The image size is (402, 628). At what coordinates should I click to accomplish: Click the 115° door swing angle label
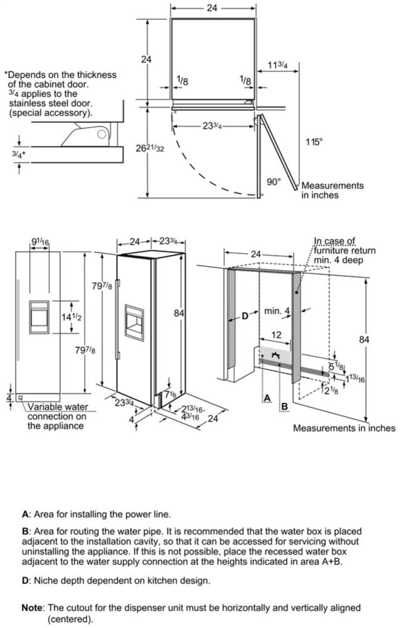[314, 142]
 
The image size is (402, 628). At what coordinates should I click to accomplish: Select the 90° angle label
[274, 182]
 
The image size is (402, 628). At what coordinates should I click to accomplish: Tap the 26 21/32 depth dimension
[151, 148]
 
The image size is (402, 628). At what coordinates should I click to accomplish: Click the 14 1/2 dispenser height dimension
[72, 318]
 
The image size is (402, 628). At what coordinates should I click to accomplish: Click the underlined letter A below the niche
[267, 398]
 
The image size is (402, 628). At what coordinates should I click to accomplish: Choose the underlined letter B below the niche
[284, 406]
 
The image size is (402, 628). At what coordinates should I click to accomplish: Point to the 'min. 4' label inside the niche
[277, 311]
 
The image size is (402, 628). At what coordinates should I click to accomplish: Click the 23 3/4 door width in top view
[209, 126]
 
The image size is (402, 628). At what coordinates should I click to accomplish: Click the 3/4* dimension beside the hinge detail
[19, 153]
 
